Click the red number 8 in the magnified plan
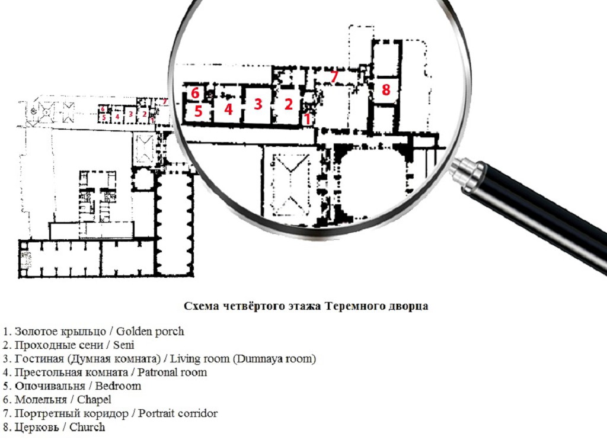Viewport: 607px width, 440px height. (x=385, y=89)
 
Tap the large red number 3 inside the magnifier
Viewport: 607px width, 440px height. (x=258, y=104)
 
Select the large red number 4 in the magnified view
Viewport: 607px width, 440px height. (x=228, y=109)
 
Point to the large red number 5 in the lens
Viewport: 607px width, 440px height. (x=198, y=111)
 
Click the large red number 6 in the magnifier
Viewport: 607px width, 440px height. (x=195, y=93)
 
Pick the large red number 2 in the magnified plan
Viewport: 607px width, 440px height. (x=288, y=104)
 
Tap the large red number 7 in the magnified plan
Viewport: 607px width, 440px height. (x=334, y=76)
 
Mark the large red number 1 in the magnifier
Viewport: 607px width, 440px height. (x=308, y=119)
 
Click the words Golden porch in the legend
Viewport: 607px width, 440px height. (x=150, y=332)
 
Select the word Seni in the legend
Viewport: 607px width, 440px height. (x=123, y=345)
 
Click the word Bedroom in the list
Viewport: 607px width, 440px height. (x=118, y=386)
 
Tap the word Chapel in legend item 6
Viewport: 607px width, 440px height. (x=94, y=400)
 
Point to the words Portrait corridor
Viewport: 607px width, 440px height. (x=178, y=413)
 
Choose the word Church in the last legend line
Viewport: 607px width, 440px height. (x=87, y=427)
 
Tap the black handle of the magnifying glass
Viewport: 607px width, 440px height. (x=542, y=217)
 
